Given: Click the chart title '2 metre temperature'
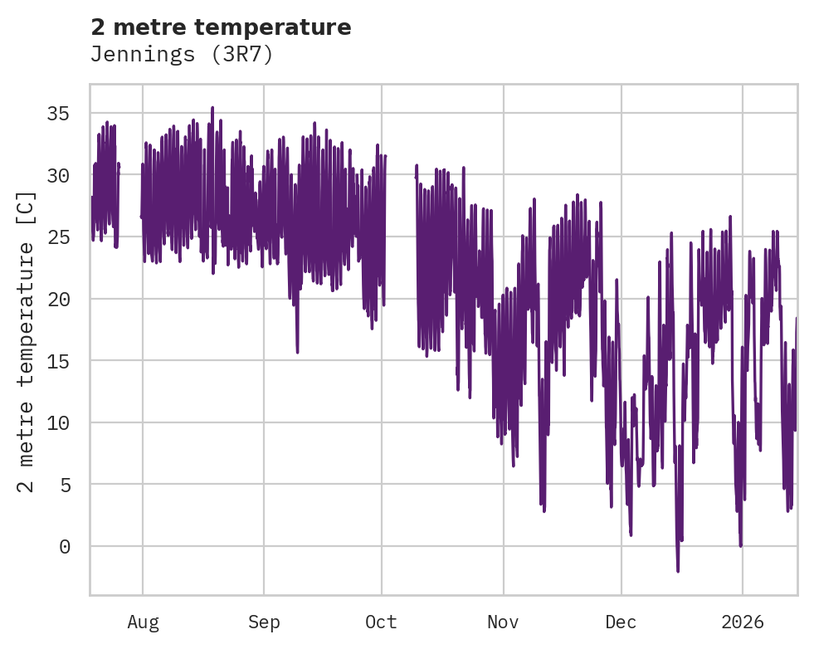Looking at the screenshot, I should point(221,27).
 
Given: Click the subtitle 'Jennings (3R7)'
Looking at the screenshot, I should point(182,55).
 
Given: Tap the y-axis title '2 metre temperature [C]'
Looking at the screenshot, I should point(27,339).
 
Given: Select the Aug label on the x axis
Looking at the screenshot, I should point(143,622).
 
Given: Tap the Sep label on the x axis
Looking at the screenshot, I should point(264,622).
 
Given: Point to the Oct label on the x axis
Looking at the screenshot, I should point(382,622).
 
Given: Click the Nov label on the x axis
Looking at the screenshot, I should point(503,622).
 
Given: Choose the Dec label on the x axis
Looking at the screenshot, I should point(621,622).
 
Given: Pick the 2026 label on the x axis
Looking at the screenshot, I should point(742,622).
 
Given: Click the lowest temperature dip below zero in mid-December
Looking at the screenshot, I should point(678,571).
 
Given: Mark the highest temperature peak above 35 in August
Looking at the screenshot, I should point(212,108).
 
